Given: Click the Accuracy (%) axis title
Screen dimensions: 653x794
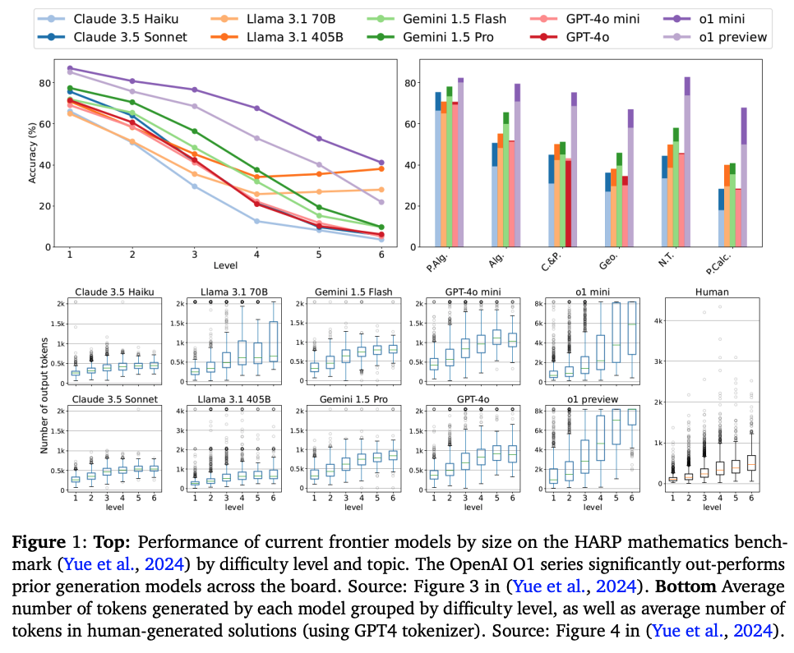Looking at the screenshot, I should pyautogui.click(x=33, y=153).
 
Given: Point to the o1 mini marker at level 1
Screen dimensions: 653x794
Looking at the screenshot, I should pyautogui.click(x=70, y=68).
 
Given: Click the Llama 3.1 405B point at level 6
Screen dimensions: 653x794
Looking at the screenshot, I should pyautogui.click(x=381, y=168).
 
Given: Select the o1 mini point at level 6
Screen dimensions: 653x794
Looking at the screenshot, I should pyautogui.click(x=381, y=163).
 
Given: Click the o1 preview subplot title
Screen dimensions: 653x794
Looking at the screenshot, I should pyautogui.click(x=587, y=400).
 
